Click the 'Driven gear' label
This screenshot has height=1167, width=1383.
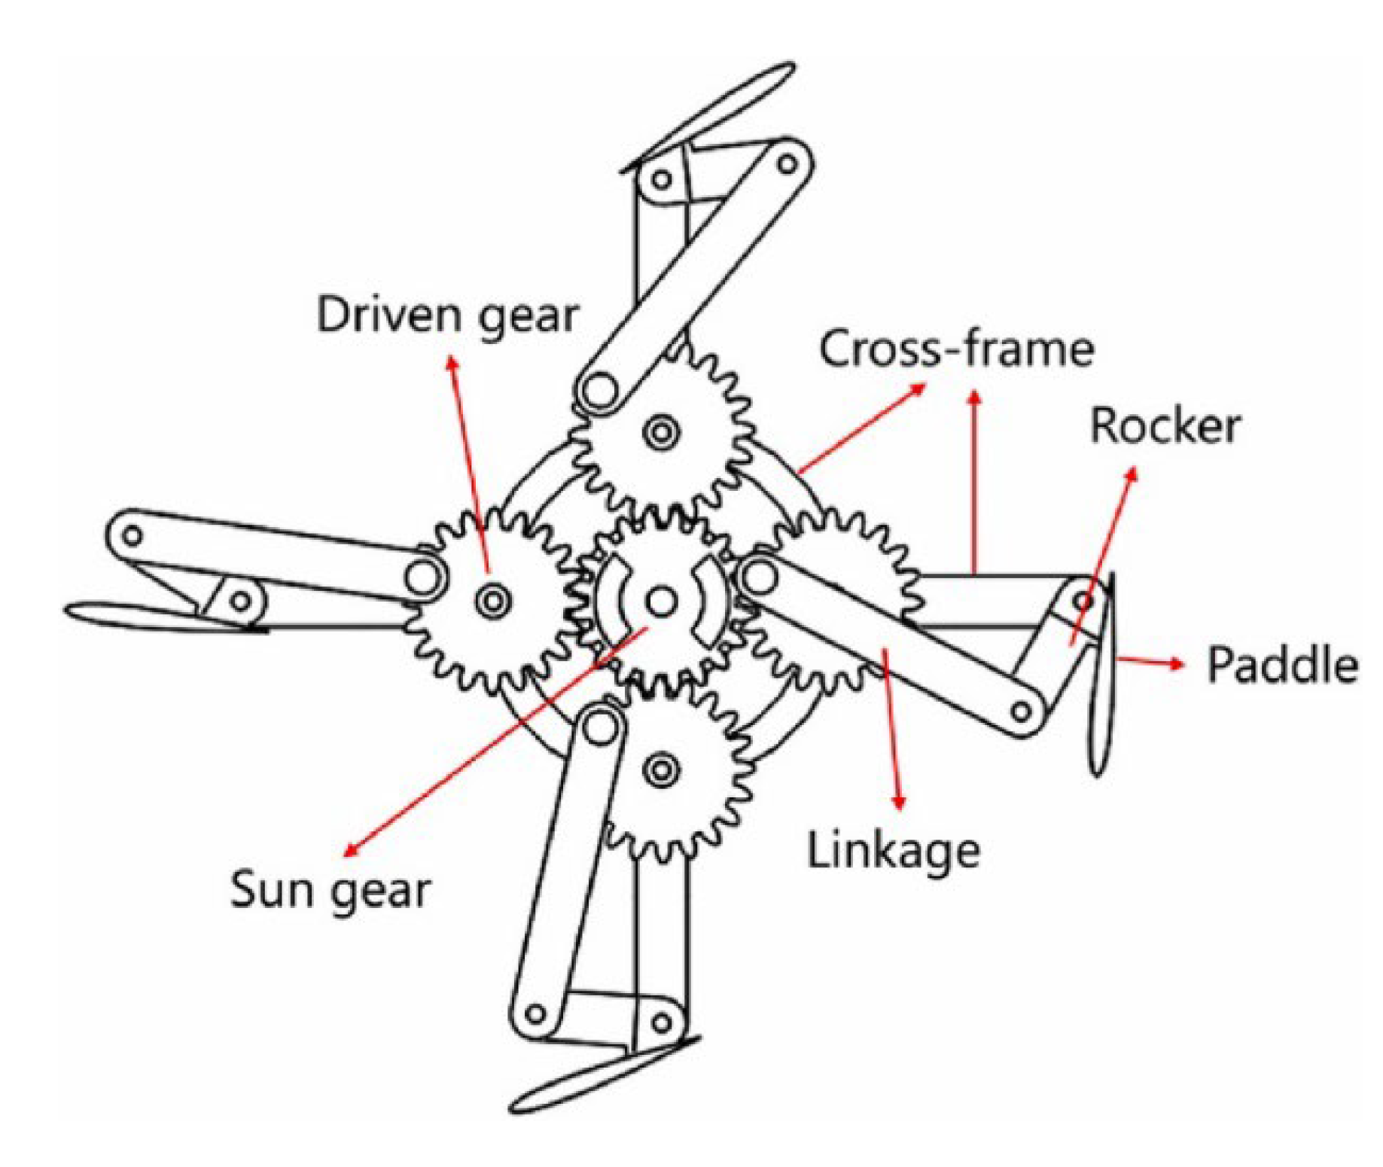click(x=447, y=315)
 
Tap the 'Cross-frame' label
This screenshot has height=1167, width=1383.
click(x=956, y=349)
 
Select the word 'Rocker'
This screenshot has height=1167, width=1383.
click(x=1165, y=426)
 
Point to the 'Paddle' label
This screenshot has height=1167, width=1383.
click(x=1282, y=666)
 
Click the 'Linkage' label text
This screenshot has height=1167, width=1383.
click(x=893, y=852)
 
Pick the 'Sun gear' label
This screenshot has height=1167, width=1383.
click(x=330, y=891)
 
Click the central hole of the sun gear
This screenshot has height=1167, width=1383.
click(x=661, y=601)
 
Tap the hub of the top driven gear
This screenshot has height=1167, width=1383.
click(x=662, y=432)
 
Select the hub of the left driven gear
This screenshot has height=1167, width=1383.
click(x=493, y=601)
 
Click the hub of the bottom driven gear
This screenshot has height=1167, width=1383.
click(x=662, y=769)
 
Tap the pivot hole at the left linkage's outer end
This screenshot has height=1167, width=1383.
click(x=132, y=536)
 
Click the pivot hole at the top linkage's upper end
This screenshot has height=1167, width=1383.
click(x=787, y=163)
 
